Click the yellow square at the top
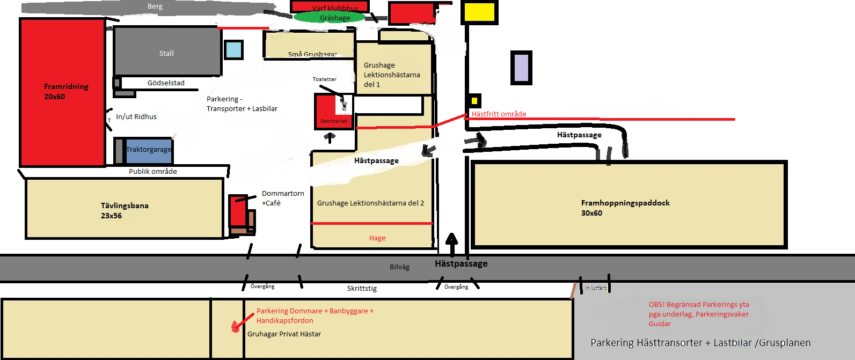(x=480, y=12)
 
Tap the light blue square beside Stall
(x=233, y=50)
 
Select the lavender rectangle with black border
(x=521, y=68)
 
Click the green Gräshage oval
(x=330, y=18)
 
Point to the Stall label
(x=166, y=53)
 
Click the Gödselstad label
(x=166, y=83)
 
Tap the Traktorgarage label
(x=149, y=150)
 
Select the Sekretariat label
(x=334, y=121)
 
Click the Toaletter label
(x=325, y=79)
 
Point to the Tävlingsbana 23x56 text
(x=125, y=210)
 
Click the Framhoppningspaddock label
(x=625, y=203)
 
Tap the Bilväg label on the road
(x=399, y=267)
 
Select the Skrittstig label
(x=362, y=288)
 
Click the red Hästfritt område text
(x=499, y=114)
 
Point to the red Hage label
(x=377, y=238)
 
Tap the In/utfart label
(x=596, y=288)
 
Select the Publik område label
(x=153, y=172)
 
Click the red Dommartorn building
(x=238, y=211)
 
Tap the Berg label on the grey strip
(x=155, y=6)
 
